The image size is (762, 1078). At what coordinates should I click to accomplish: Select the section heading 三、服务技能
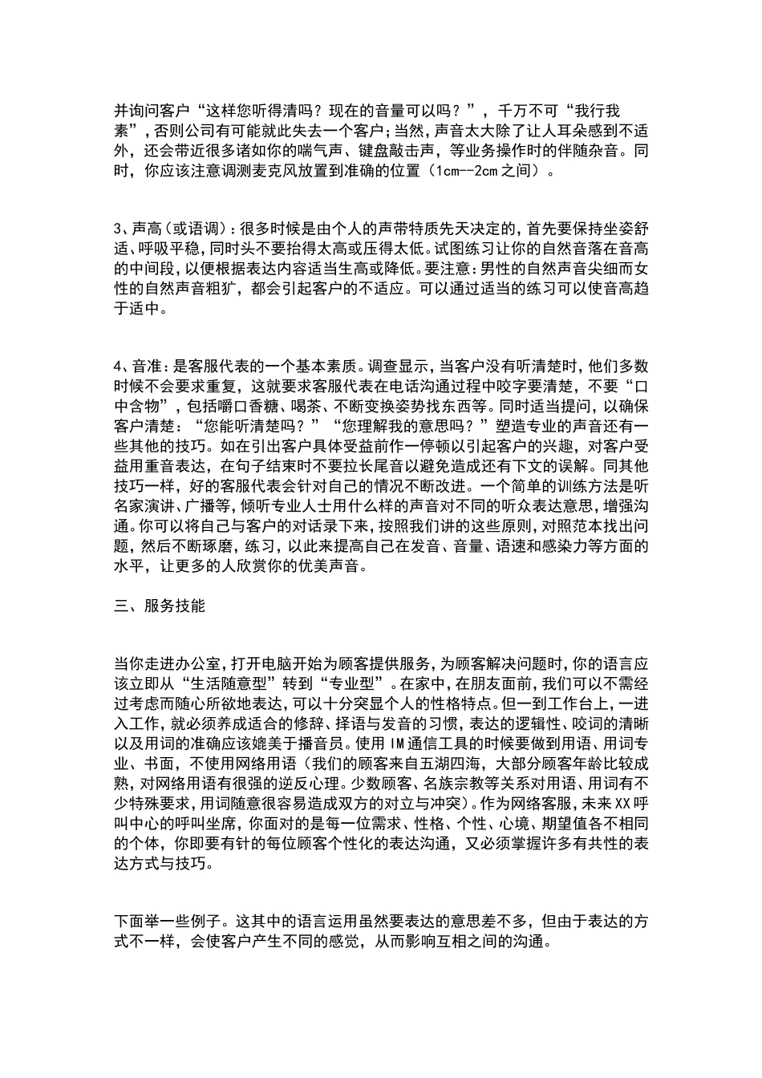[x=160, y=606]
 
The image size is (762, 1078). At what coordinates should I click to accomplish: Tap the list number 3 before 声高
[x=118, y=229]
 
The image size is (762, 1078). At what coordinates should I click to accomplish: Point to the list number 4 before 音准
[x=118, y=366]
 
